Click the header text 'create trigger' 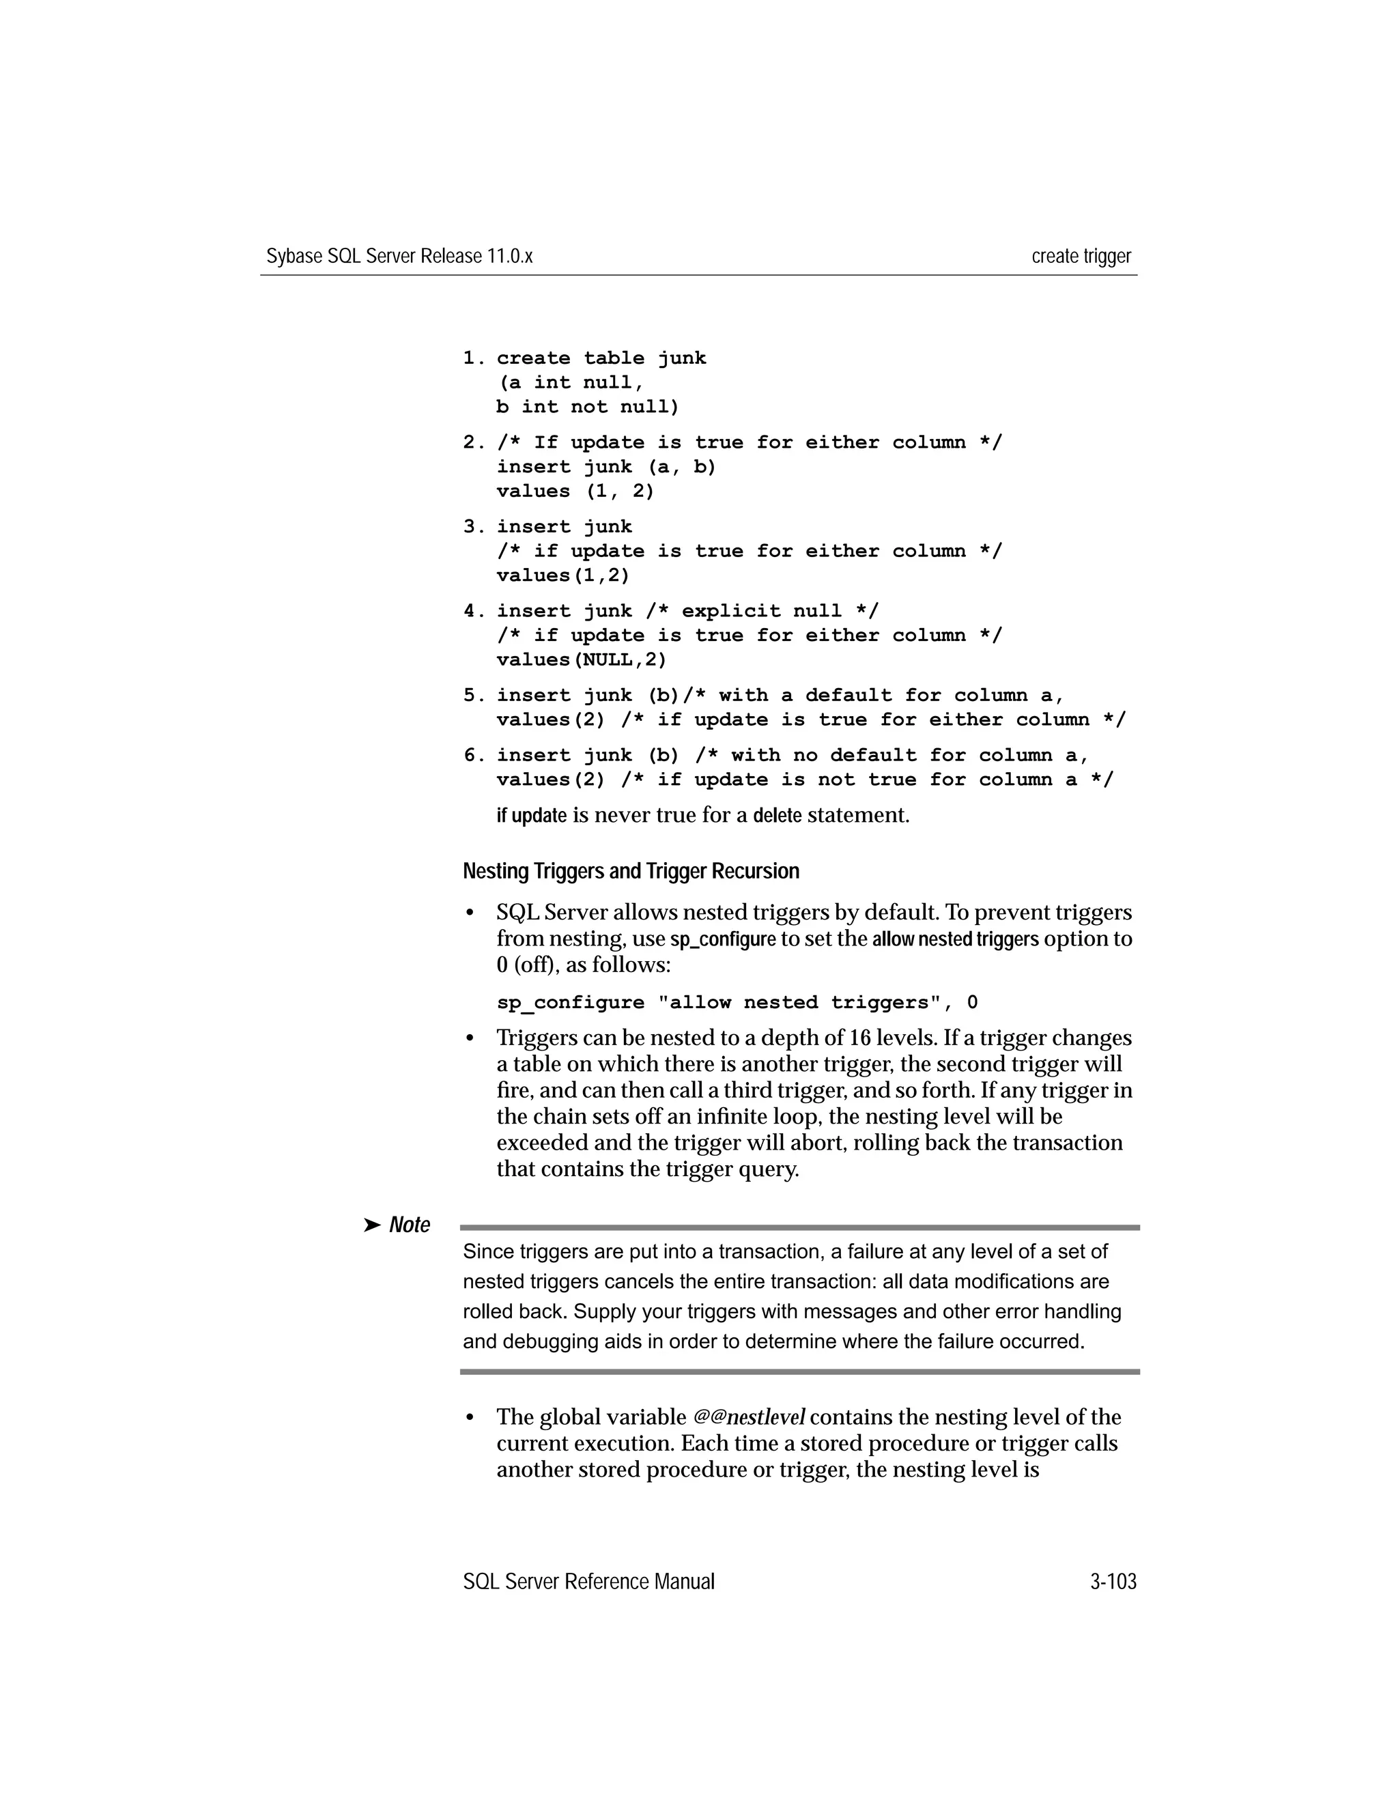tap(1081, 256)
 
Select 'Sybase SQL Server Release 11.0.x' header tap(399, 256)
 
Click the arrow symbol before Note tap(372, 1225)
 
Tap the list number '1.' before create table tap(474, 358)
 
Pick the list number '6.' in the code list tap(474, 756)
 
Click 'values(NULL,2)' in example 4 tap(582, 660)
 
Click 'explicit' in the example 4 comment tap(730, 611)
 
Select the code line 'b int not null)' tap(587, 408)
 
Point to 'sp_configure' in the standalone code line tap(570, 1003)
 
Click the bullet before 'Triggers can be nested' tap(470, 1039)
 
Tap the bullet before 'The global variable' tap(470, 1418)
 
